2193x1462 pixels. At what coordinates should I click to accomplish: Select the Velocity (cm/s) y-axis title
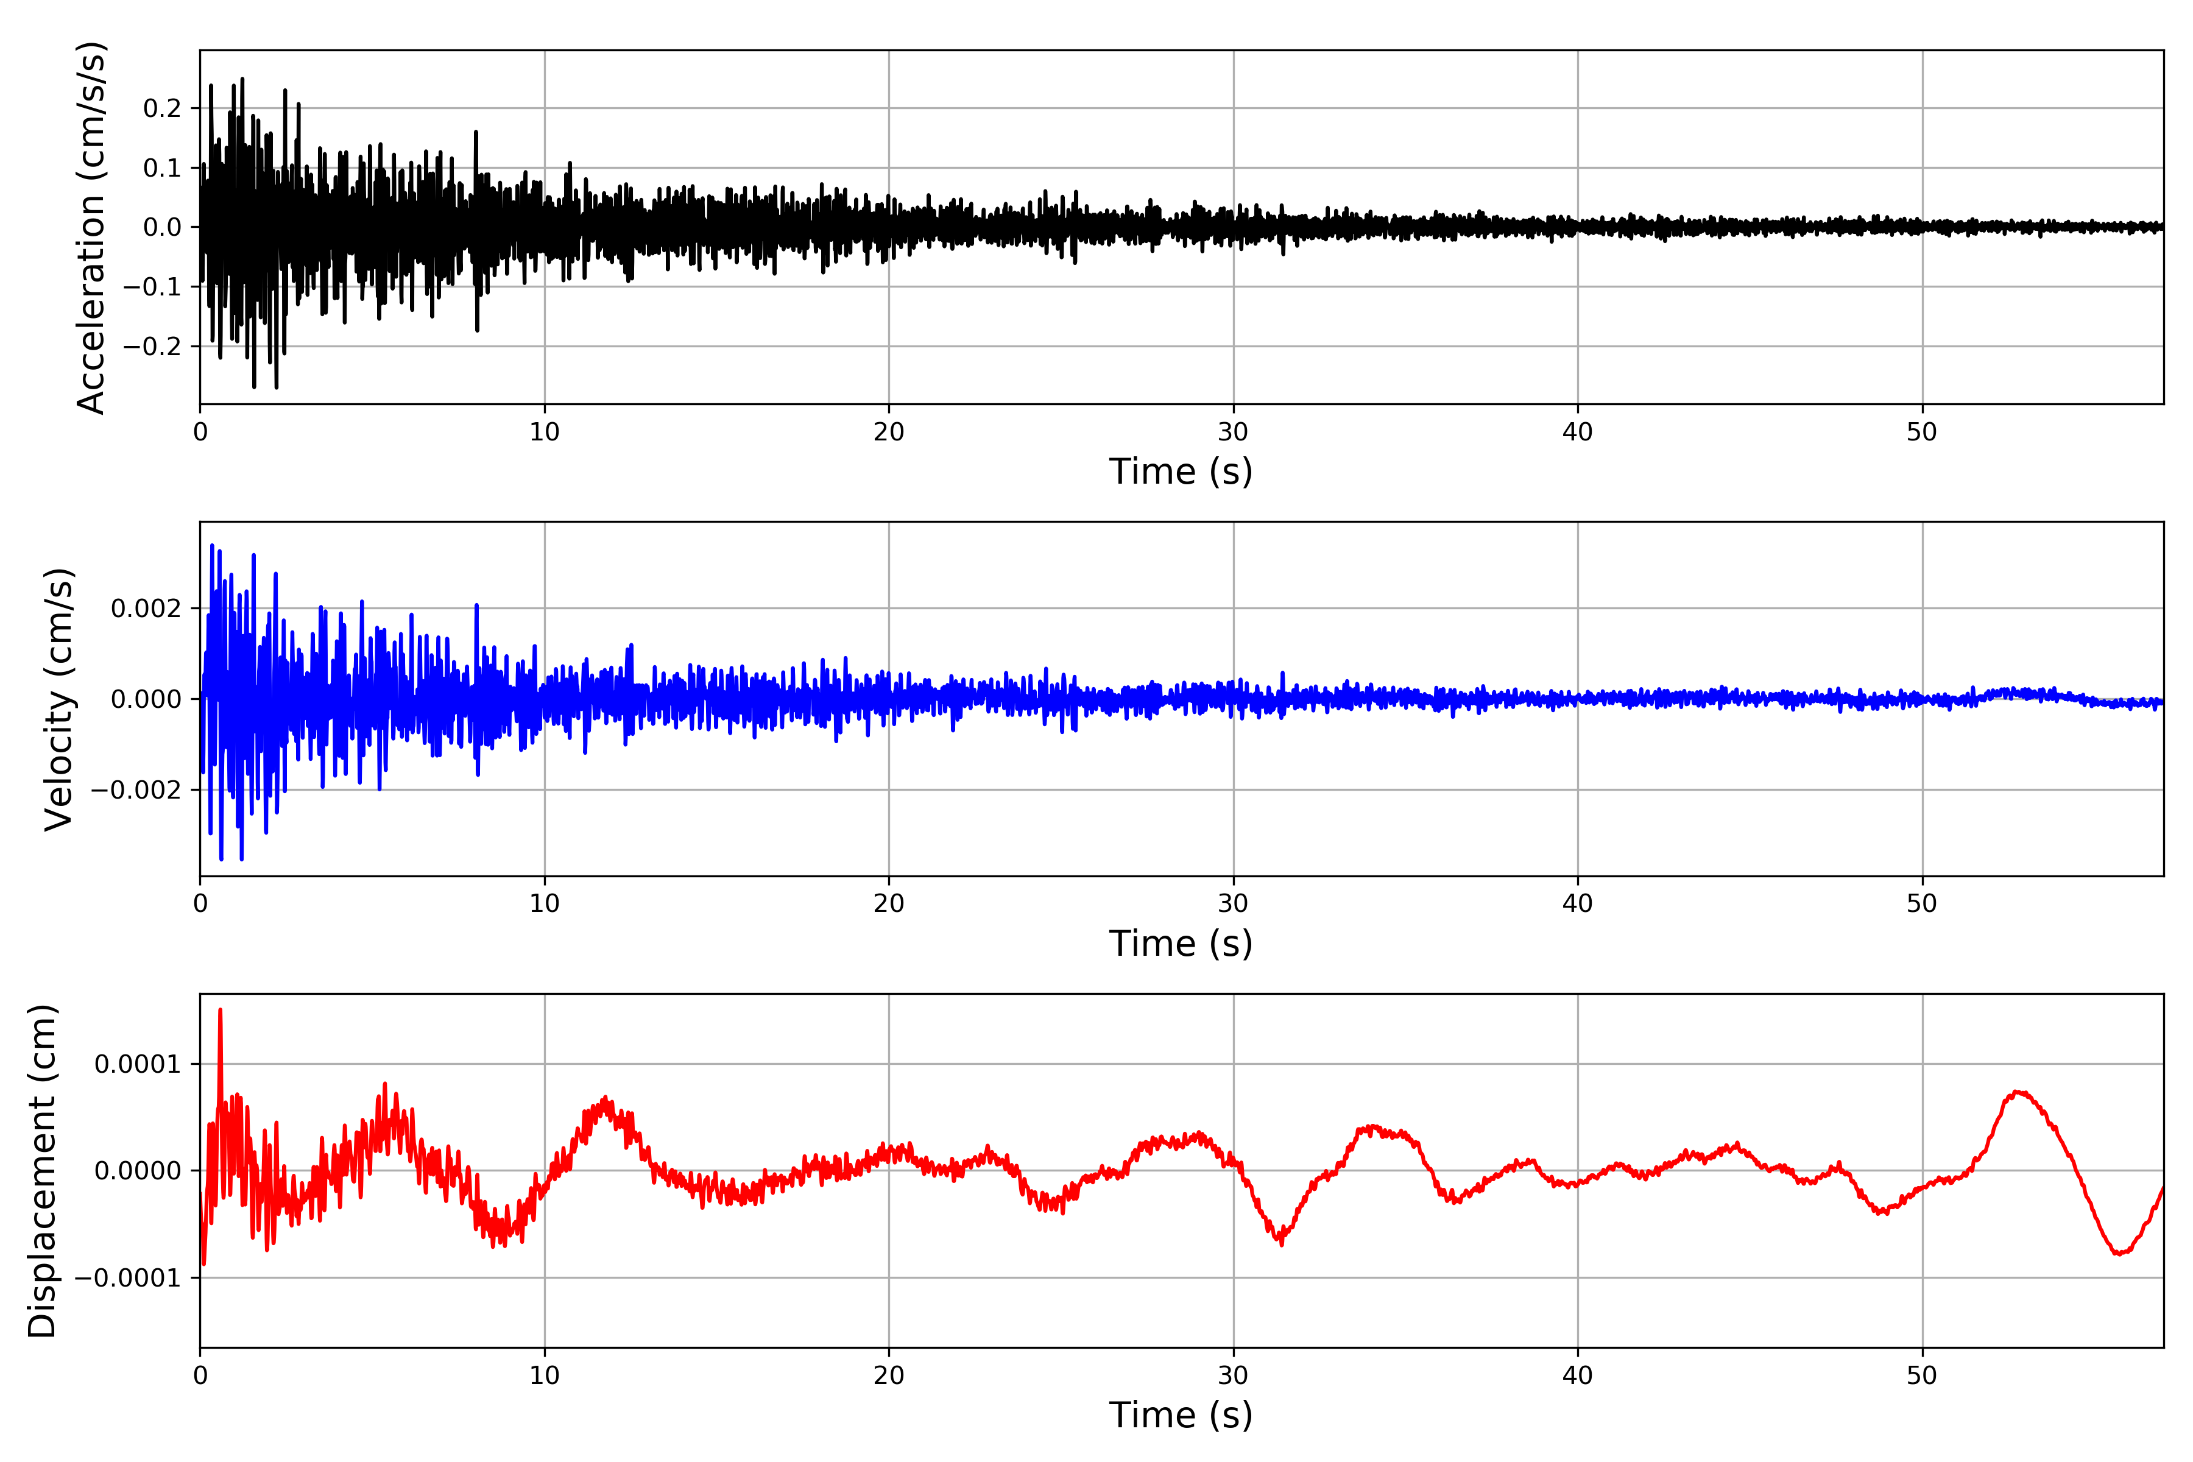coord(58,699)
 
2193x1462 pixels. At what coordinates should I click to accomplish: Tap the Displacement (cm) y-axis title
coord(42,1171)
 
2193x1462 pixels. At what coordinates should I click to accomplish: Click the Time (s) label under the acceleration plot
coord(1181,471)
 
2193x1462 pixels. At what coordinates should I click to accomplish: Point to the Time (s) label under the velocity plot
coord(1181,944)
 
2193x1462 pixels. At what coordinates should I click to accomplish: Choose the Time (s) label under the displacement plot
coord(1181,1415)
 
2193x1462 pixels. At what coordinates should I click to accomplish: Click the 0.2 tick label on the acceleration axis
coord(162,109)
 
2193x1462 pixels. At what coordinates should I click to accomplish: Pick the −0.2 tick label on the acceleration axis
coord(152,347)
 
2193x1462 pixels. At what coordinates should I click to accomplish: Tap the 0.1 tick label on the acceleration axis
coord(162,169)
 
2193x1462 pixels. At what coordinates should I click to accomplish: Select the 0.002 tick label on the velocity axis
coord(146,609)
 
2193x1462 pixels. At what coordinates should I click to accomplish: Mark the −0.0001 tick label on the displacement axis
coord(128,1278)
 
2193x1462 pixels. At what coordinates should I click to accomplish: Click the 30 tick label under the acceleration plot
coord(1232,433)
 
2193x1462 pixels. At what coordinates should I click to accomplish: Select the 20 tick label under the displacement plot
coord(889,1375)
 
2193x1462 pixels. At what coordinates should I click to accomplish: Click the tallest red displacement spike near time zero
coord(220,1011)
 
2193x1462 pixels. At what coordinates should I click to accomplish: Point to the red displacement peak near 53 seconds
coord(2017,1092)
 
